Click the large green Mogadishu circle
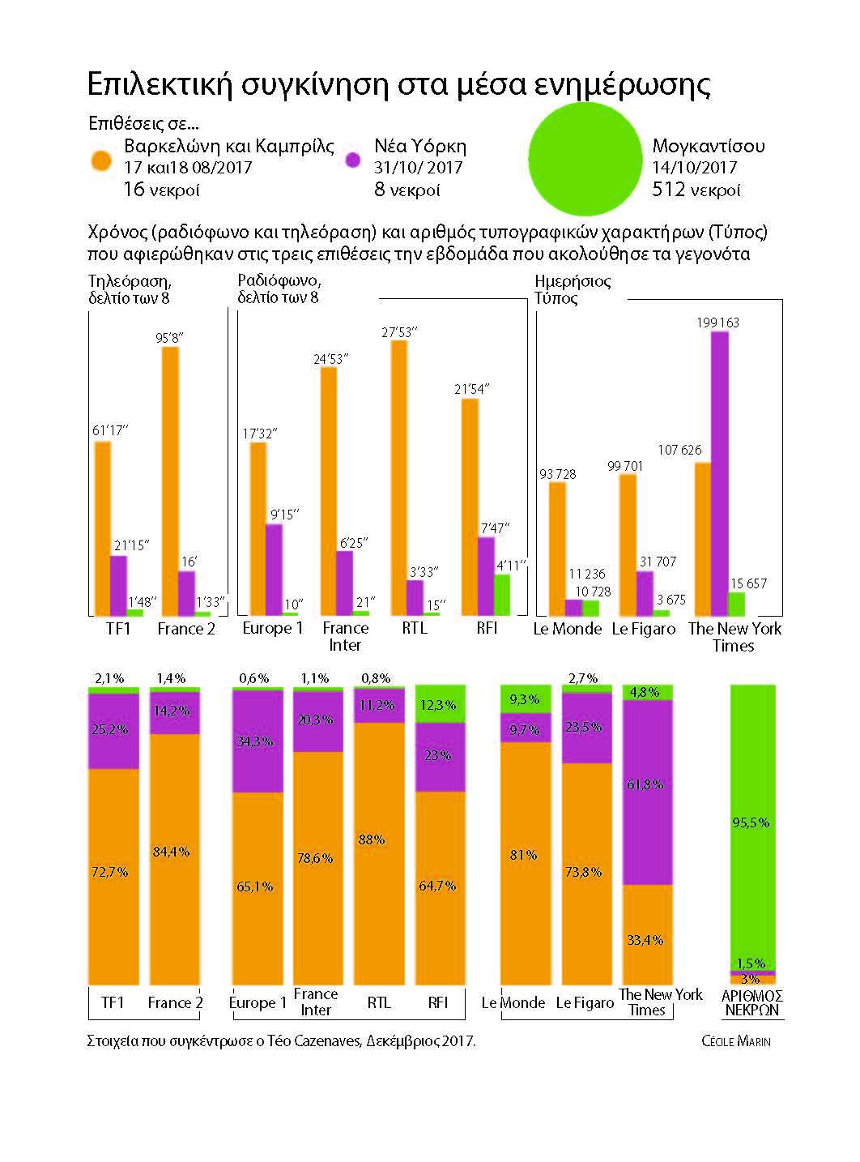point(585,160)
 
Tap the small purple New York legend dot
point(354,160)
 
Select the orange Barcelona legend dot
point(101,160)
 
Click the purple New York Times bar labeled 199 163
point(719,473)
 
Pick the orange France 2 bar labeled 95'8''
point(170,481)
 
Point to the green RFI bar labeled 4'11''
point(502,595)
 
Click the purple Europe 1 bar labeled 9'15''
point(274,570)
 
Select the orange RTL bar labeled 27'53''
point(399,478)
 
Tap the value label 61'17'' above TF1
point(110,430)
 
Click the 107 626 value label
point(679,450)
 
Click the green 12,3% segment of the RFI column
point(440,703)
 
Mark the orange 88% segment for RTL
point(379,853)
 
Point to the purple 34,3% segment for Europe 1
point(258,741)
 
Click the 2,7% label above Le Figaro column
point(583,678)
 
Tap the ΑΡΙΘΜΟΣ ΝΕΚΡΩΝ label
point(752,1003)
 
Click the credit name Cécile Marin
point(736,1041)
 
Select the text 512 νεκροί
point(696,189)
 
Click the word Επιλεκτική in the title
point(160,83)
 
